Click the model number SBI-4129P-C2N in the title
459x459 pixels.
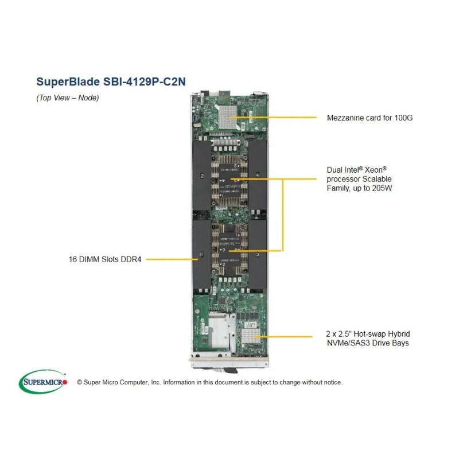click(x=145, y=81)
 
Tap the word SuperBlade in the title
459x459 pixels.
click(x=68, y=81)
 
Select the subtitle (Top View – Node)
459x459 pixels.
click(x=68, y=98)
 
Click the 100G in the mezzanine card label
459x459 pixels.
click(x=403, y=118)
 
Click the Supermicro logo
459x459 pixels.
click(x=43, y=382)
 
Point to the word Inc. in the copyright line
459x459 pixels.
click(x=155, y=382)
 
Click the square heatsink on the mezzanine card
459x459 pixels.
click(x=227, y=117)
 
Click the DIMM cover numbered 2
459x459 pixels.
click(x=202, y=175)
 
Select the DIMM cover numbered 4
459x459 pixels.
click(x=257, y=175)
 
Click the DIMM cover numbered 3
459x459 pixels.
click(x=257, y=254)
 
